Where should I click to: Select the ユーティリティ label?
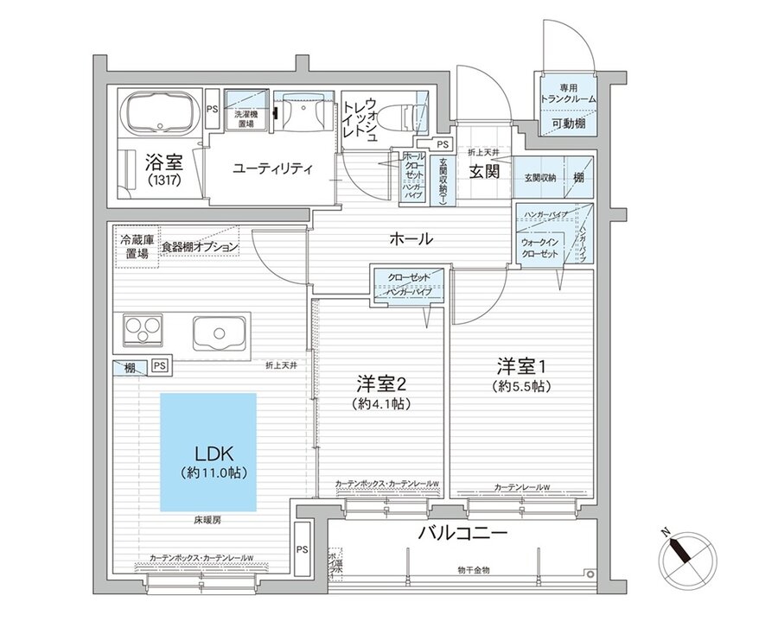[273, 168]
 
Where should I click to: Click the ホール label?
[411, 238]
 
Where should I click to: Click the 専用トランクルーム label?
[565, 94]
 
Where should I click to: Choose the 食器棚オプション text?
[200, 247]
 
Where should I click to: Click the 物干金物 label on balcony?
[474, 570]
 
